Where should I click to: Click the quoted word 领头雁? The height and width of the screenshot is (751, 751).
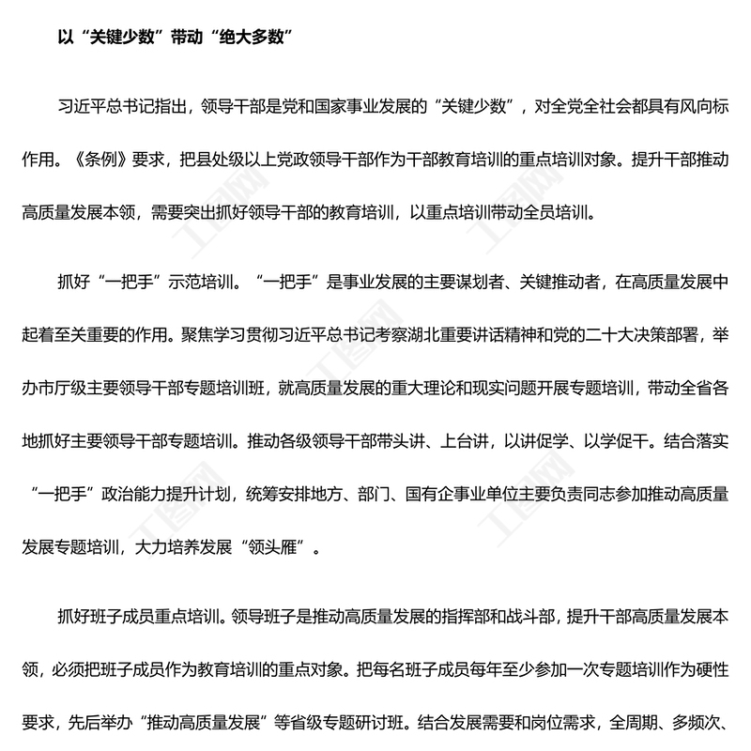click(278, 544)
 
